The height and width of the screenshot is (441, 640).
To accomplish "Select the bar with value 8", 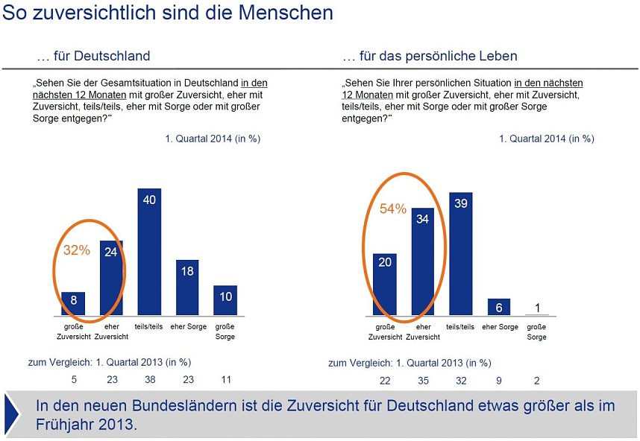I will (x=73, y=303).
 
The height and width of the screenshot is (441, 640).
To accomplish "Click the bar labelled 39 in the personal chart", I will (x=460, y=253).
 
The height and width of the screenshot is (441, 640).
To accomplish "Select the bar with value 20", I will (x=384, y=284).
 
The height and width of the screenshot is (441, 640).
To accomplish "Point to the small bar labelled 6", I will (x=499, y=307).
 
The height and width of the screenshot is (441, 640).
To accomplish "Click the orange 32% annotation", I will (x=76, y=250).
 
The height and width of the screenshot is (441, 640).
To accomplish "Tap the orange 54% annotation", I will (x=393, y=209).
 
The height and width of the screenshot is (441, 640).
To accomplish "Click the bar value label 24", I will (x=111, y=252).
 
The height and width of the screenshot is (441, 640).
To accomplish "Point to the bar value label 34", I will (x=423, y=219).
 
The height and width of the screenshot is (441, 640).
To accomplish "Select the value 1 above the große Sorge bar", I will (x=537, y=308).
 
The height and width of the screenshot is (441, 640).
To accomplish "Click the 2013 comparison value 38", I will (x=149, y=379).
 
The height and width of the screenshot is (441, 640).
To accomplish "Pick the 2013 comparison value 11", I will (x=225, y=379).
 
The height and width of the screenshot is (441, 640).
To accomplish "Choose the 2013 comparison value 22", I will (x=384, y=380).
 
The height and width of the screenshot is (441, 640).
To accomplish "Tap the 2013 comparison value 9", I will (x=499, y=380).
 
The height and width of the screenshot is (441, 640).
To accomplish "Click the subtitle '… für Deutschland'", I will (x=93, y=56).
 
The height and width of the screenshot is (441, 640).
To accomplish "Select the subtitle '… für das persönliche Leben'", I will (x=430, y=56).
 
